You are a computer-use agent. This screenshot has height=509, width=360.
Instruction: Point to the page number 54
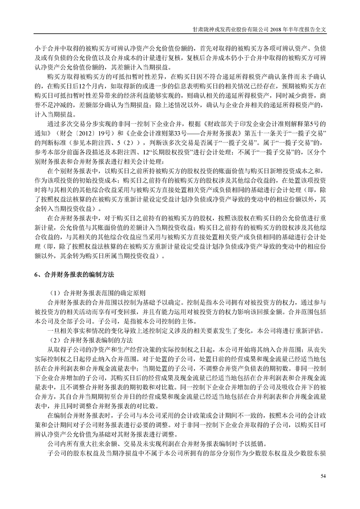point(323,476)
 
